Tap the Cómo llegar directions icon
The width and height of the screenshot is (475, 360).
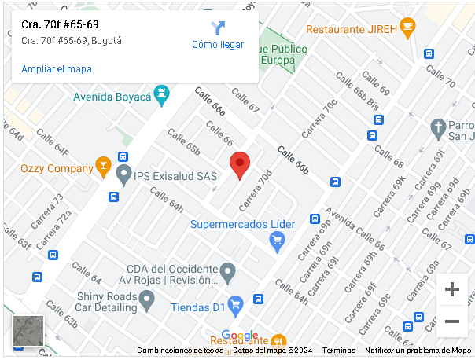point(218,28)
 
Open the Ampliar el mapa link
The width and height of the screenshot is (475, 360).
point(57,69)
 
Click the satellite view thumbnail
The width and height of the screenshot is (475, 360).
point(28,331)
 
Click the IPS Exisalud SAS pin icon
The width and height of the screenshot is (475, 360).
point(123,174)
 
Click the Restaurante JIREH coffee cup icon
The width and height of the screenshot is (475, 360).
point(407,28)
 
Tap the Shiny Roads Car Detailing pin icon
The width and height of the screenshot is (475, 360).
point(145,299)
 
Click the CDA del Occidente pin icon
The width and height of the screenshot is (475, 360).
point(227,274)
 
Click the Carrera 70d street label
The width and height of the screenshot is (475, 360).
point(256,190)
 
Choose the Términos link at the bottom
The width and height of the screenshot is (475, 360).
point(339,351)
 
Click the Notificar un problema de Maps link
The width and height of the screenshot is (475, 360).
point(418,351)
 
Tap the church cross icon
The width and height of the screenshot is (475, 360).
point(438,127)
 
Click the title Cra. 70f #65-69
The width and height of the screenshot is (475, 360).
point(60,24)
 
